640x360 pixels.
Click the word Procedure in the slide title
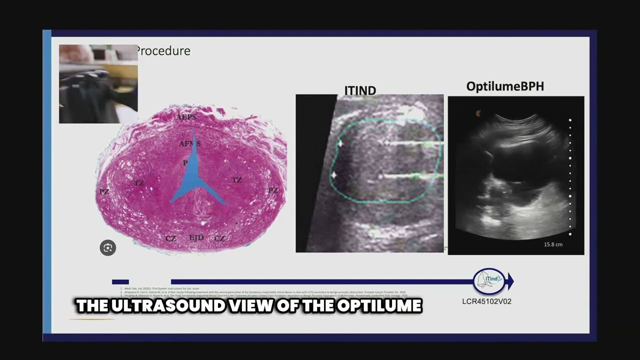[x=163, y=51]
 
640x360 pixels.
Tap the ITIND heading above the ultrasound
[x=360, y=90]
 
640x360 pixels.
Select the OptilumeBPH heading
[x=505, y=86]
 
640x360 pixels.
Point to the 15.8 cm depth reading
[x=553, y=244]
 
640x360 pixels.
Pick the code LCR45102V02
[x=486, y=301]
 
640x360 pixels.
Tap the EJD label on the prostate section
[x=196, y=238]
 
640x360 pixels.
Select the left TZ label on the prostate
[x=139, y=183]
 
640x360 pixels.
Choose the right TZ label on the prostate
[x=236, y=180]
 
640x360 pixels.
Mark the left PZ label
[x=104, y=192]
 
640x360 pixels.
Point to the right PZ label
[x=272, y=190]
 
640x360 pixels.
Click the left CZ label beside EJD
[x=171, y=239]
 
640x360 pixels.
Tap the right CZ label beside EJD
[x=219, y=239]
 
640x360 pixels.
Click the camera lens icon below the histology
[x=107, y=248]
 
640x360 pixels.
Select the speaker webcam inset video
[x=98, y=84]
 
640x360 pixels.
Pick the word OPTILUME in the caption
[x=379, y=306]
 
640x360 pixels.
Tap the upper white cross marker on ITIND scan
[x=340, y=144]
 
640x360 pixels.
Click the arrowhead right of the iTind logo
[x=510, y=281]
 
